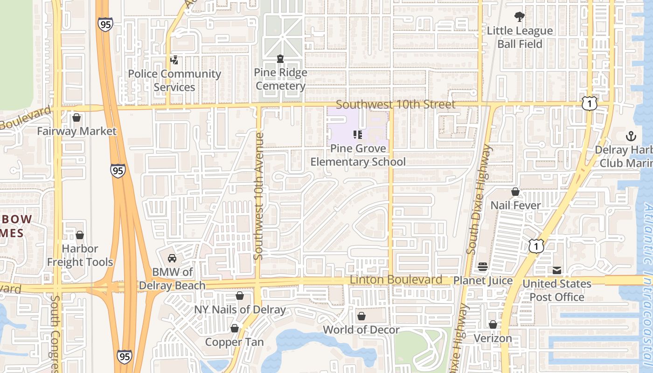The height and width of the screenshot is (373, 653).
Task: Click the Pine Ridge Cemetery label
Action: (x=280, y=79)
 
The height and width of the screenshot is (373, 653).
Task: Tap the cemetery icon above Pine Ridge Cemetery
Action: (x=280, y=59)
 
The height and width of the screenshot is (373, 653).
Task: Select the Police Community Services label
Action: (x=174, y=80)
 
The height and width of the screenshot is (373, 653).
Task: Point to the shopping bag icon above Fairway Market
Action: (x=76, y=117)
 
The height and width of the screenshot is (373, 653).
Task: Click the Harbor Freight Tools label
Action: (x=80, y=256)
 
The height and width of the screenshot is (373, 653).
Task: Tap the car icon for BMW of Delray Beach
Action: (x=172, y=258)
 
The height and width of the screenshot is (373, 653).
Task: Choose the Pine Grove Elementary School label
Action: (x=358, y=155)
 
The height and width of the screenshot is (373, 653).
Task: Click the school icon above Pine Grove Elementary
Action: (x=358, y=135)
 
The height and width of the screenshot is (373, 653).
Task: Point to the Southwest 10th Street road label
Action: (x=396, y=104)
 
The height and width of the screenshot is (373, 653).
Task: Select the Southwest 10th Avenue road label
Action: (x=259, y=196)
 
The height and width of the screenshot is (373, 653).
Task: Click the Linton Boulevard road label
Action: (x=396, y=280)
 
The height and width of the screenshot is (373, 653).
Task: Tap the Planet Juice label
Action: (x=483, y=281)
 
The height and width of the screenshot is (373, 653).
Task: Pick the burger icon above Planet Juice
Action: (x=483, y=267)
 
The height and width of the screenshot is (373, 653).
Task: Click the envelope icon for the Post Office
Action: (x=557, y=270)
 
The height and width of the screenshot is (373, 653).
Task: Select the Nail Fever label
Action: (x=515, y=205)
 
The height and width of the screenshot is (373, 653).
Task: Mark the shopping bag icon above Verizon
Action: (x=493, y=325)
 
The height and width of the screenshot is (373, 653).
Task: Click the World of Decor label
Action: (x=361, y=330)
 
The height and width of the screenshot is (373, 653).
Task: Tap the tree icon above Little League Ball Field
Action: (x=519, y=17)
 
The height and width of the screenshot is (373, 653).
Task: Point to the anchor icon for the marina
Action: (x=631, y=136)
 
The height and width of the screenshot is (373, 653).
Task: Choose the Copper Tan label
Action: (x=235, y=342)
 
